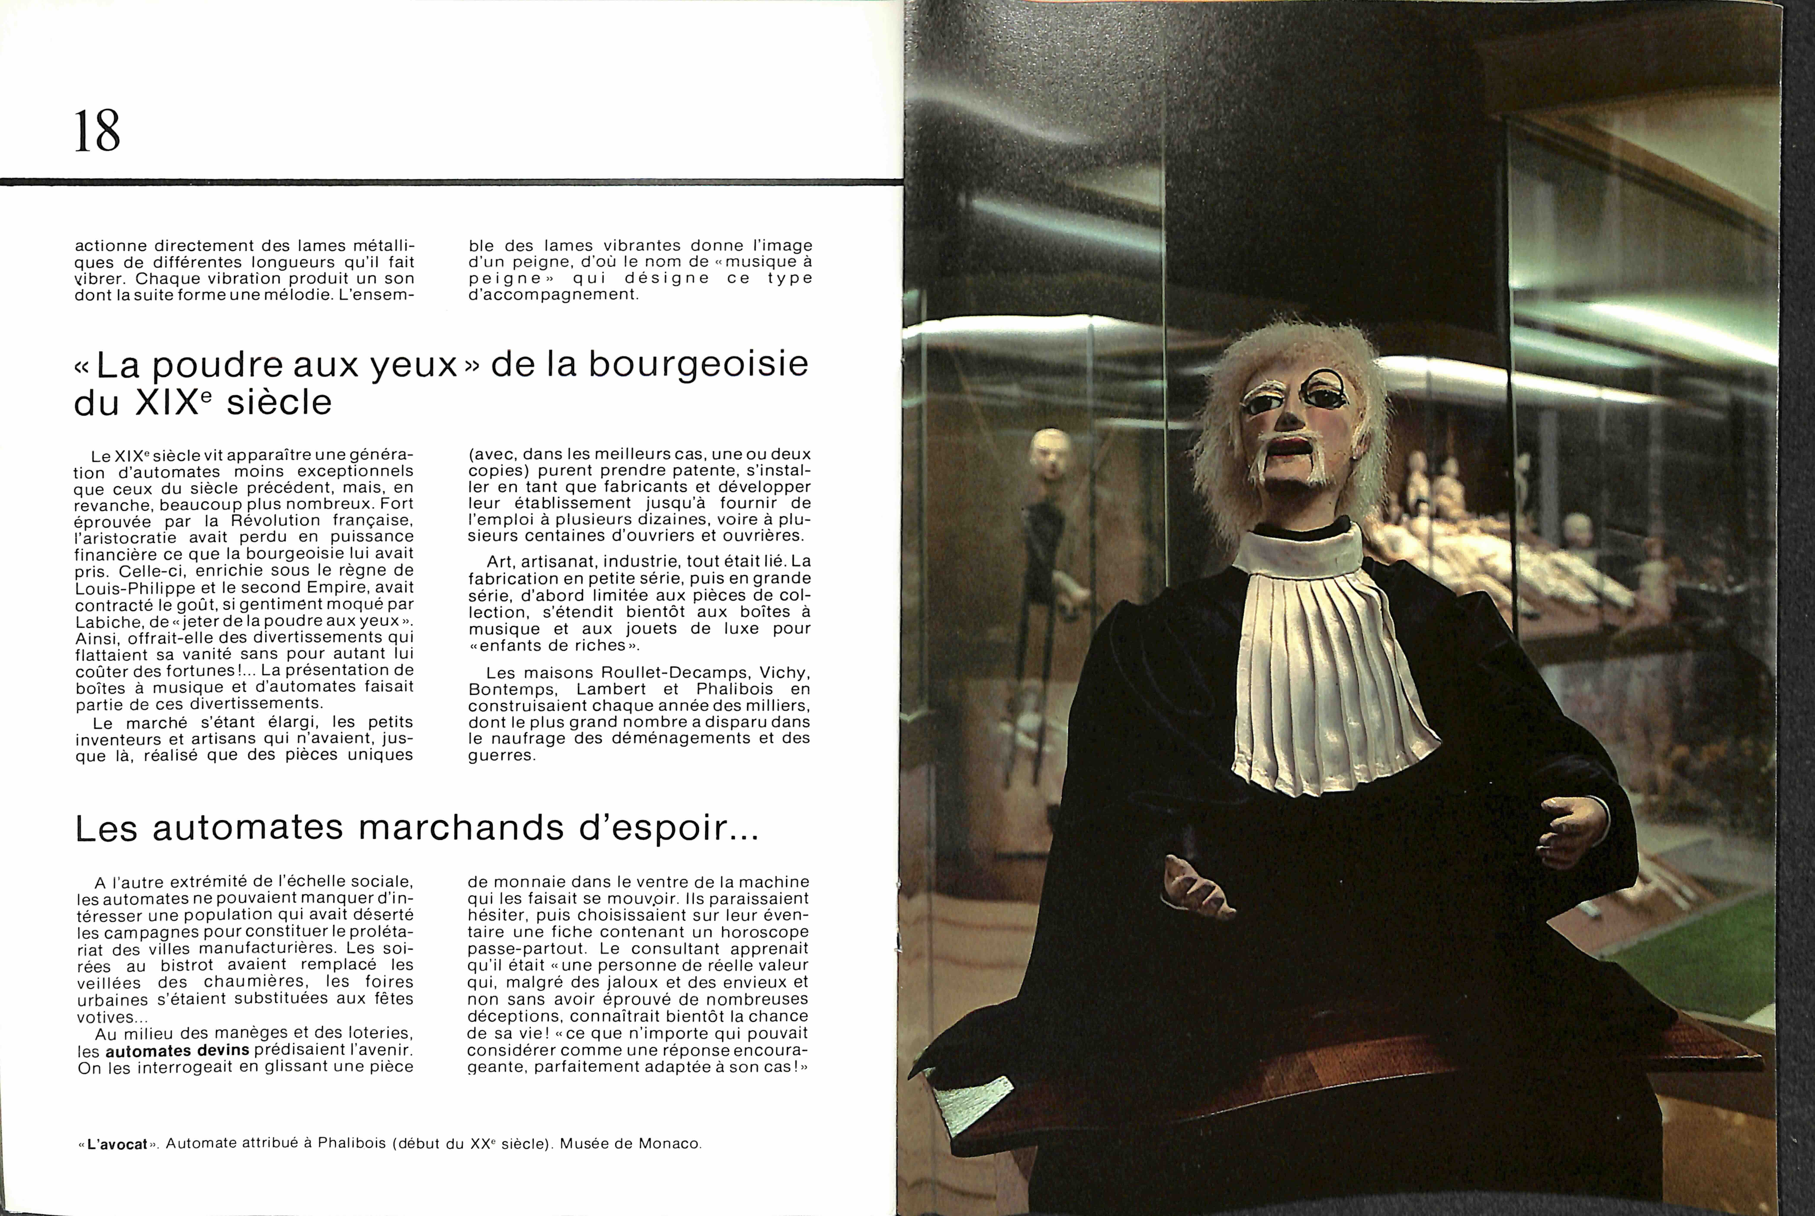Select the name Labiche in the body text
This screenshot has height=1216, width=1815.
click(x=106, y=621)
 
